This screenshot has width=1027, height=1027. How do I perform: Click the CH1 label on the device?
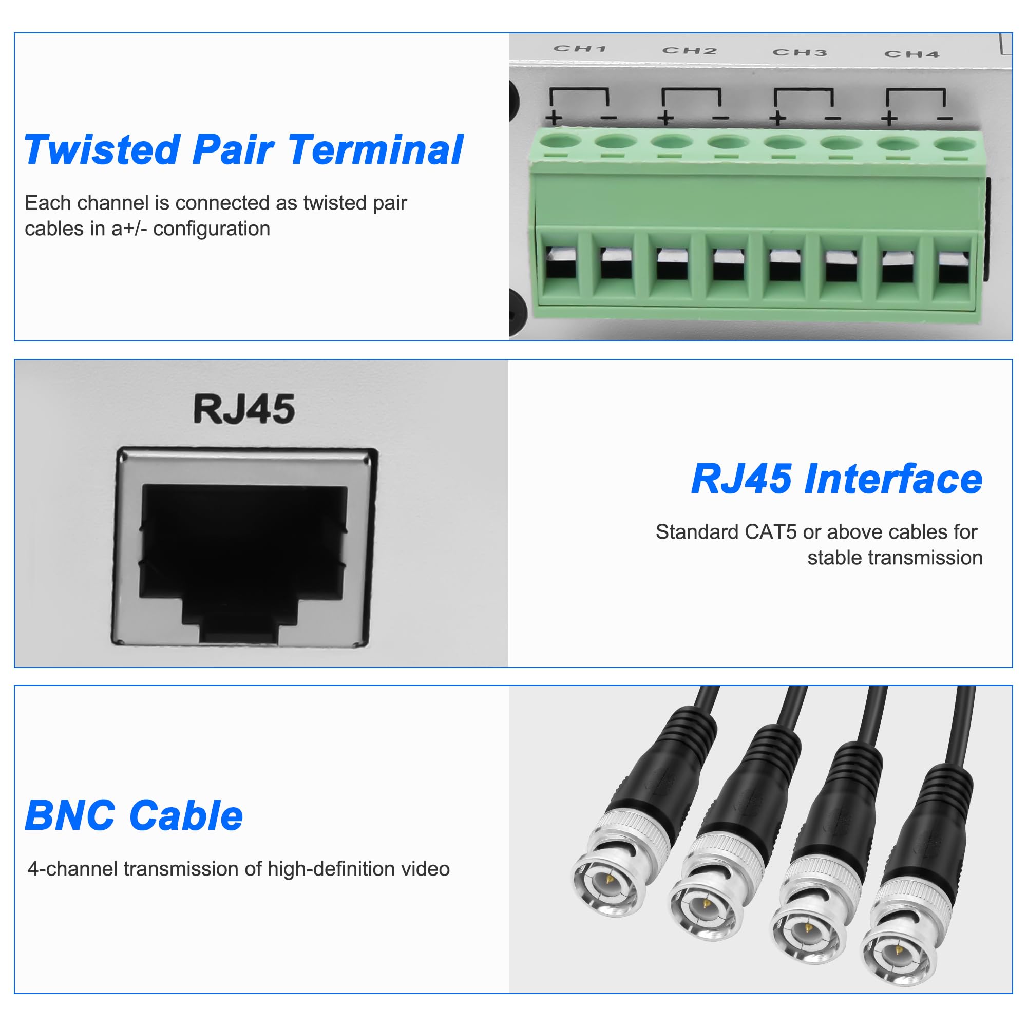pos(580,49)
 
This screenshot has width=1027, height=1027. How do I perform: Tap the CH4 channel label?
pos(912,54)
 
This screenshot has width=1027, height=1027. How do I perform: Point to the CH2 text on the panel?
pos(690,50)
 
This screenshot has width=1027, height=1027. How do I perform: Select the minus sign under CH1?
pos(608,118)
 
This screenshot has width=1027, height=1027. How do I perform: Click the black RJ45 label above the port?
pos(244,409)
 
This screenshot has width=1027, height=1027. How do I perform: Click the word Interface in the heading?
pos(893,479)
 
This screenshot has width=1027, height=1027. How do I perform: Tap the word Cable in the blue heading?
pos(186,815)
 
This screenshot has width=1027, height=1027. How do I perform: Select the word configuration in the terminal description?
pos(212,229)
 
